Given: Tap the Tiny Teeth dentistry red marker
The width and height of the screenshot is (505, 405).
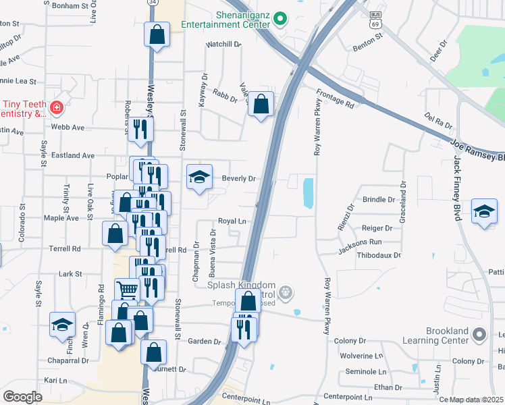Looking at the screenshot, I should pyautogui.click(x=56, y=107).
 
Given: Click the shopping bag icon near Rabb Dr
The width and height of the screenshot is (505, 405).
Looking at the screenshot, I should pyautogui.click(x=261, y=105).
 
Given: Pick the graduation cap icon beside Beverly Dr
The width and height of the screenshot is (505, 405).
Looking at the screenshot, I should pyautogui.click(x=199, y=178).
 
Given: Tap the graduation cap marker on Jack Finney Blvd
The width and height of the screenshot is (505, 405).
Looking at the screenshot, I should pyautogui.click(x=484, y=211).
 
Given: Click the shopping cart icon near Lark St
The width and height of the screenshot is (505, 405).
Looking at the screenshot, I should pyautogui.click(x=127, y=291).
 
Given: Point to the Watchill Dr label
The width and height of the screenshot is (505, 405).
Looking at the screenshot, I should pyautogui.click(x=223, y=45).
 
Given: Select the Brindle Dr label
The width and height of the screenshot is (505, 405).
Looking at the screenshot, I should pyautogui.click(x=378, y=200).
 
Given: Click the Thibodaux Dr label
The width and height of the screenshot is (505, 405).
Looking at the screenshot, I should pyautogui.click(x=379, y=255).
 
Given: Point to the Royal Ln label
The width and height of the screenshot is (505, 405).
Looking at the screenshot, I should pyautogui.click(x=231, y=221).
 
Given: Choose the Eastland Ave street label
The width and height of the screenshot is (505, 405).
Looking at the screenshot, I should pyautogui.click(x=73, y=155).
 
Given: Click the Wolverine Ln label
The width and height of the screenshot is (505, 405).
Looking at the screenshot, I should pyautogui.click(x=361, y=355).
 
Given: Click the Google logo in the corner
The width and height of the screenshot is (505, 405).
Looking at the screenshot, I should pyautogui.click(x=22, y=397).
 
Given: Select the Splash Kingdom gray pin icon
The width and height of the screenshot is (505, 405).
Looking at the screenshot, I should pyautogui.click(x=286, y=292).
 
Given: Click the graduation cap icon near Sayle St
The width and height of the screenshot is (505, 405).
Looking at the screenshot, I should pyautogui.click(x=61, y=325).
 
